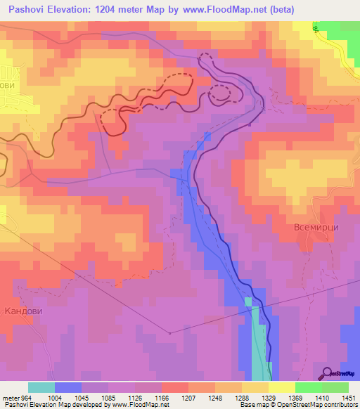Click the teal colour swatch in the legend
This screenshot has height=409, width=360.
pos(41,387)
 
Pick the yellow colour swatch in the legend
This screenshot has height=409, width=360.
pos(282,387)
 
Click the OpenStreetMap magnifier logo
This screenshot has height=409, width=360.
pos(328,373)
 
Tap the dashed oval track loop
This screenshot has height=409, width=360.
pos(220,92)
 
